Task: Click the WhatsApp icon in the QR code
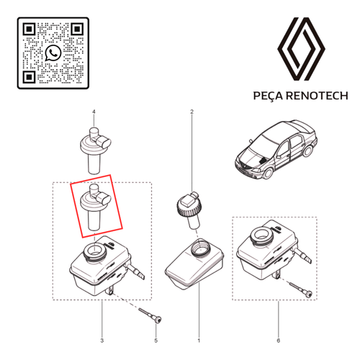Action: (x=53, y=53)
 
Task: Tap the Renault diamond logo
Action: (x=301, y=49)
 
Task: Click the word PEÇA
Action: (x=269, y=96)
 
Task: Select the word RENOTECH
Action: (x=317, y=96)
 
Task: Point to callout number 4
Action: (x=94, y=112)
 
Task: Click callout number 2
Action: (x=192, y=112)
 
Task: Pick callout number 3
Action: (x=102, y=341)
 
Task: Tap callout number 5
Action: (x=156, y=341)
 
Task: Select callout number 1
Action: (x=199, y=341)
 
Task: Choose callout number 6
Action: (x=279, y=341)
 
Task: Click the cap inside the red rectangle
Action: (x=94, y=207)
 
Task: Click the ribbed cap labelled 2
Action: (x=189, y=210)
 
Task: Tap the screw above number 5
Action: (x=150, y=315)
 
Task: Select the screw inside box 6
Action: (x=302, y=290)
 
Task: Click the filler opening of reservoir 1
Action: (x=201, y=248)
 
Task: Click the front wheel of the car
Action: (x=269, y=172)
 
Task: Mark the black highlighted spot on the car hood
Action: (x=263, y=160)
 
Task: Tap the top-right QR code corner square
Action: (x=77, y=30)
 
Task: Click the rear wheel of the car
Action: (x=307, y=150)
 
